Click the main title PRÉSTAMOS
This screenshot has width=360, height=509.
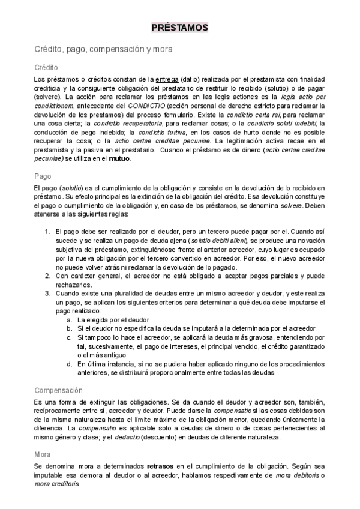point(179,28)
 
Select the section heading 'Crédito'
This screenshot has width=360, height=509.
point(46,68)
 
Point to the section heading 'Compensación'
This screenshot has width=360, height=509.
point(58,373)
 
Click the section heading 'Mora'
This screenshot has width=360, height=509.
point(43,454)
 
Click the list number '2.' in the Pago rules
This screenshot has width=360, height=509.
point(49,275)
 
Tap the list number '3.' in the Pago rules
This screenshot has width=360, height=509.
point(49,294)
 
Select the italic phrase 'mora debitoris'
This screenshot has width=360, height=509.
point(294,475)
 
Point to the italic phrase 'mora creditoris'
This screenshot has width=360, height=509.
point(58,484)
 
